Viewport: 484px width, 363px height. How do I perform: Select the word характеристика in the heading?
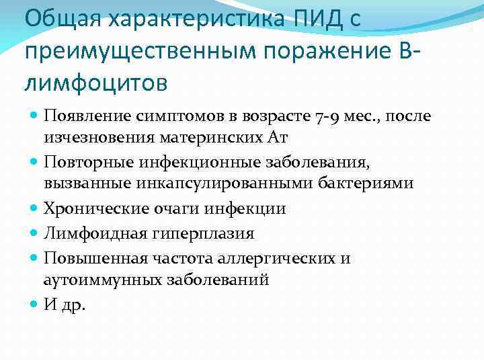[x=192, y=18]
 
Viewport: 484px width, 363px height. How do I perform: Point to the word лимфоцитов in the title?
[x=94, y=83]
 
